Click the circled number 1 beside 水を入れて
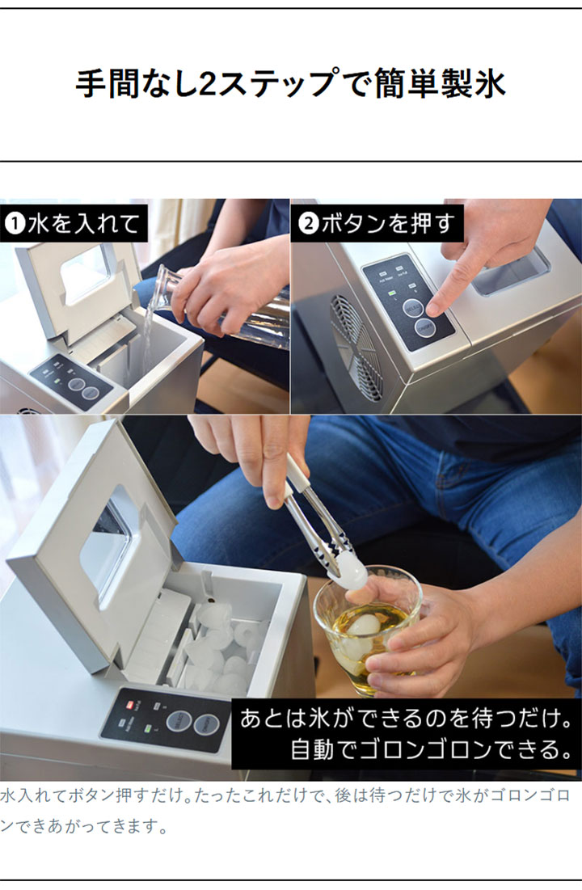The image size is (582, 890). [x=15, y=224]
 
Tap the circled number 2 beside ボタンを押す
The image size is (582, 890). [x=308, y=224]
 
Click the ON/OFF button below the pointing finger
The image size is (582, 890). [x=424, y=328]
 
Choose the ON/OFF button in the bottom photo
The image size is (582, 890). [x=207, y=725]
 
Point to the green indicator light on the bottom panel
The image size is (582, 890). [x=149, y=729]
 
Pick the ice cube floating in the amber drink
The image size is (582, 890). [x=364, y=625]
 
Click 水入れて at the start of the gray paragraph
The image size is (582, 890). [x=33, y=795]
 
